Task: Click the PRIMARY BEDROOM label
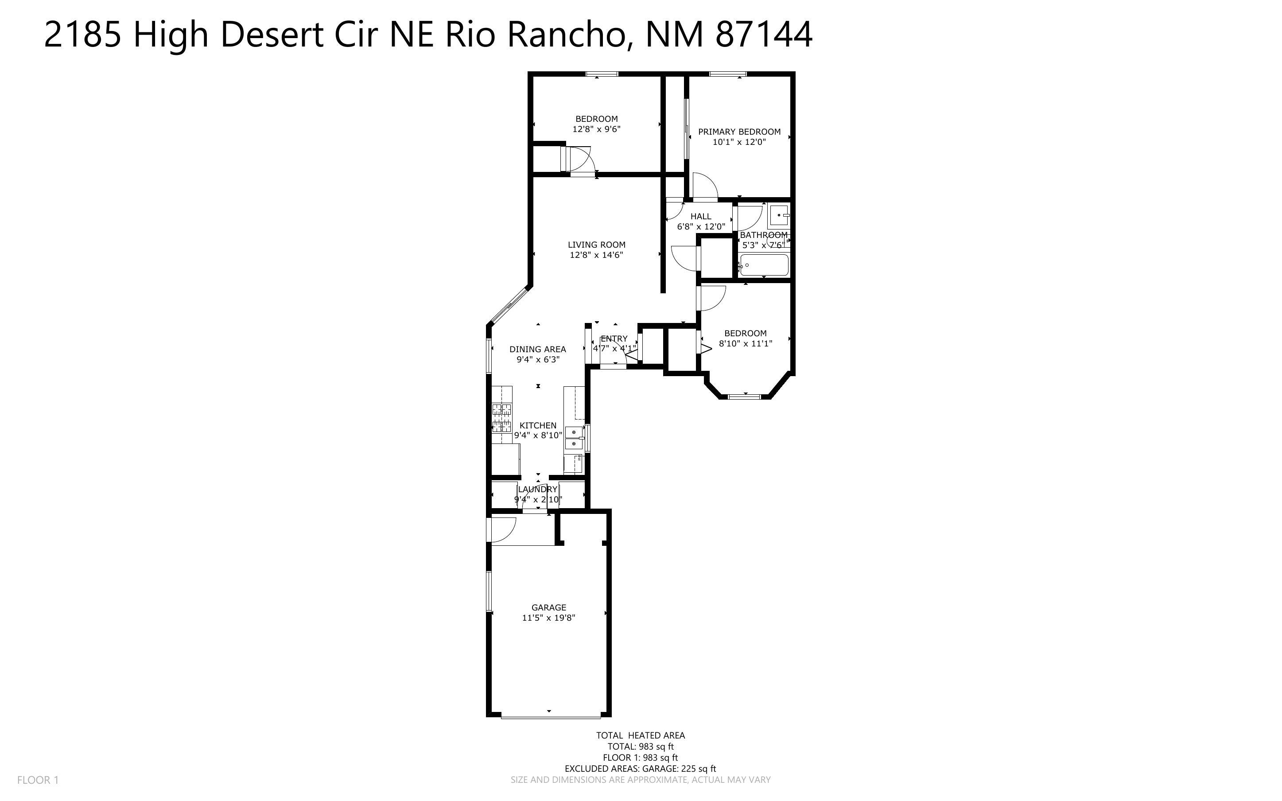(739, 132)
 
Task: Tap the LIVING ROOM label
(596, 245)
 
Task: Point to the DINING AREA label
(537, 349)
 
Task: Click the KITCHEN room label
(537, 425)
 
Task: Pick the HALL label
(700, 216)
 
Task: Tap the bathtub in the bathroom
(764, 265)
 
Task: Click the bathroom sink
(779, 216)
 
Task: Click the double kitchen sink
(574, 438)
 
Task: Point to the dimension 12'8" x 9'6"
(596, 129)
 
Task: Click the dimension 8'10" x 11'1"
(745, 343)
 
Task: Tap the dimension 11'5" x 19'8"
(548, 618)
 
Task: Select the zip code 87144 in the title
(763, 35)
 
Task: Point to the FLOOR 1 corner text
(38, 780)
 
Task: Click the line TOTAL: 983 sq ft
(640, 747)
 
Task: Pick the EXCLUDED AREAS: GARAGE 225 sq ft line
(640, 769)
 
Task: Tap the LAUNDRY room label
(537, 489)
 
